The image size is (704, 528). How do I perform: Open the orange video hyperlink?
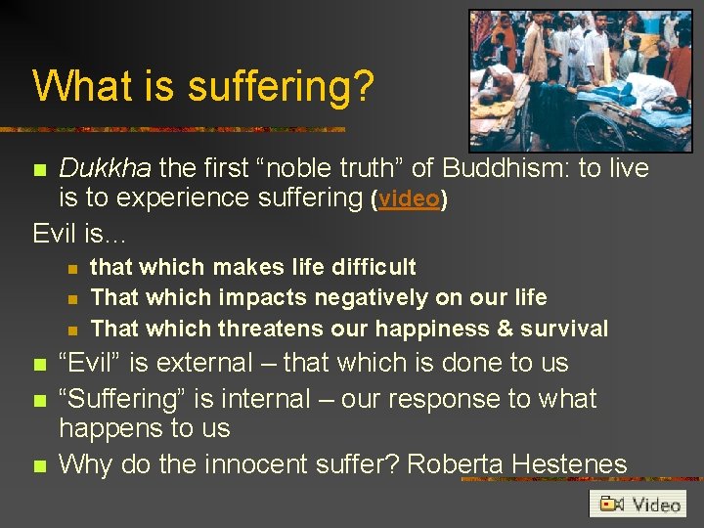pos(409,198)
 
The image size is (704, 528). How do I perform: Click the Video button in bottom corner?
pos(638,504)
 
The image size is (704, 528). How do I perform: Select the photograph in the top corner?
pos(580,80)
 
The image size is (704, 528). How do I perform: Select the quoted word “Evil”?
pos(91,363)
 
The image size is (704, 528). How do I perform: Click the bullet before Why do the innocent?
pos(39,464)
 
